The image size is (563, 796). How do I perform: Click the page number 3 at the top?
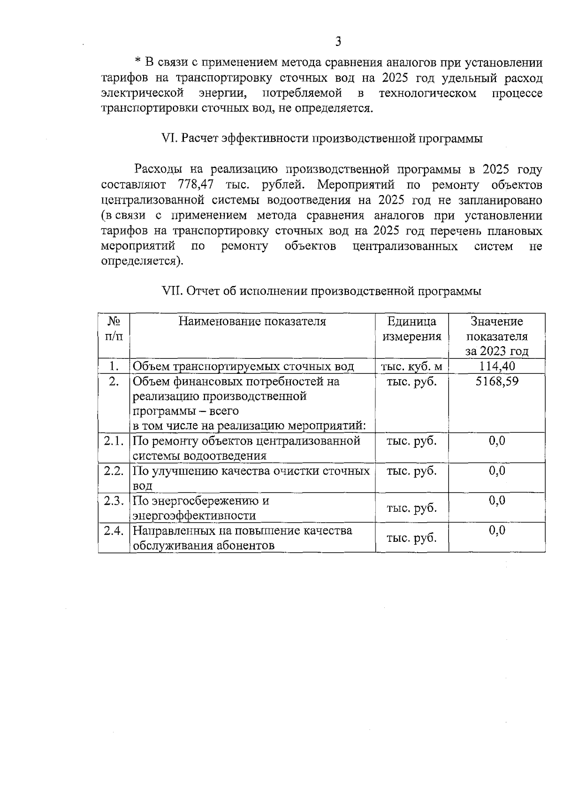(338, 42)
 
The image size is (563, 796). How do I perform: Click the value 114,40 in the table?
(496, 366)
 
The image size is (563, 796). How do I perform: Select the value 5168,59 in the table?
(497, 381)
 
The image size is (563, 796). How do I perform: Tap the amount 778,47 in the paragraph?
(197, 184)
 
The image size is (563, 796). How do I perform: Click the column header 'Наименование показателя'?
(252, 321)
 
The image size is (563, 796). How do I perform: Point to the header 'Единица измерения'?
(411, 329)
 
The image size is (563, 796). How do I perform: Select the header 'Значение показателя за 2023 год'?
(496, 336)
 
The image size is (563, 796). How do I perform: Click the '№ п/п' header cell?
(114, 329)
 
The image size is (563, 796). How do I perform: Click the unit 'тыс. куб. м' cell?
(411, 366)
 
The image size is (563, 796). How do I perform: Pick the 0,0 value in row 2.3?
(497, 500)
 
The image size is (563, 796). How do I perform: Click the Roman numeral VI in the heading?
(167, 139)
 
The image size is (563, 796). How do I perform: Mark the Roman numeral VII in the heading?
(171, 291)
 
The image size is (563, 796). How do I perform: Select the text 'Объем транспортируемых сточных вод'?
(243, 366)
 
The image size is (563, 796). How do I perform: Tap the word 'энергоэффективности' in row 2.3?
(194, 516)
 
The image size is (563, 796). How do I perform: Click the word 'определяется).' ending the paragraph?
(142, 261)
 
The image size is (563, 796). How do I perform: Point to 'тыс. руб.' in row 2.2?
(411, 471)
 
